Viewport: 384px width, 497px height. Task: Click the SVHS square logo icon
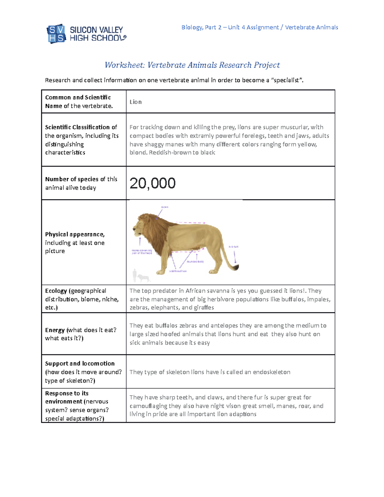click(56, 34)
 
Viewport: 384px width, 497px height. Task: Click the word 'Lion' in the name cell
click(135, 102)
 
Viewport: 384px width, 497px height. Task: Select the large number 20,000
click(152, 183)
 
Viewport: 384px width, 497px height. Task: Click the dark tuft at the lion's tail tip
click(236, 268)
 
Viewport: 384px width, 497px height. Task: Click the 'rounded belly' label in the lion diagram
click(195, 261)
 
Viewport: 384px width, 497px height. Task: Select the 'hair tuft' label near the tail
click(233, 247)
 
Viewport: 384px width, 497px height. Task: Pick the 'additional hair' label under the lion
click(178, 271)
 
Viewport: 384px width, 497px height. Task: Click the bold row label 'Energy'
click(55, 330)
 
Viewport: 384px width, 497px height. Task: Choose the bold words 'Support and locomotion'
click(80, 364)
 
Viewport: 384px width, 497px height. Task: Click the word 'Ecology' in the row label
click(56, 291)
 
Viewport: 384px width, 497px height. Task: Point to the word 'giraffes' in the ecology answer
click(204, 308)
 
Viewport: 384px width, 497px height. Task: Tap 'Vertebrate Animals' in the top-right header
click(311, 27)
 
